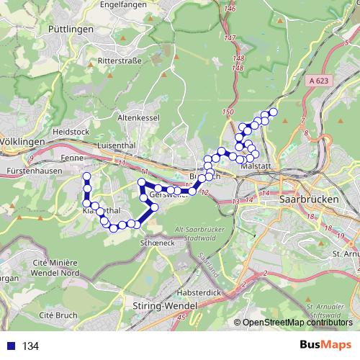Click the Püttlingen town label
(x=94, y=29)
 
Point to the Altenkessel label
(x=138, y=116)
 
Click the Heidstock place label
(x=70, y=132)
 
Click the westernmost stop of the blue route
(x=86, y=176)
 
